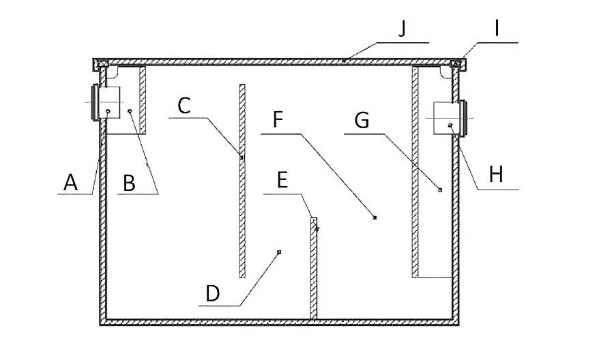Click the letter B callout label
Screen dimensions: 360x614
point(128,183)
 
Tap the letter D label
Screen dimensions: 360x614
point(213,294)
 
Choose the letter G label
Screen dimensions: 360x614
point(362,121)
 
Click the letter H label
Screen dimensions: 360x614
point(496,174)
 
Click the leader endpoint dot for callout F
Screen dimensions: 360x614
point(375,217)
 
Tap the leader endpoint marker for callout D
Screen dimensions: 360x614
point(279,252)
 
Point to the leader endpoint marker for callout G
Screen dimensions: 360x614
point(440,190)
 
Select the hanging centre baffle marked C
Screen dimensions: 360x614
point(242,181)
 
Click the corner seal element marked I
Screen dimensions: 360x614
point(458,65)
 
